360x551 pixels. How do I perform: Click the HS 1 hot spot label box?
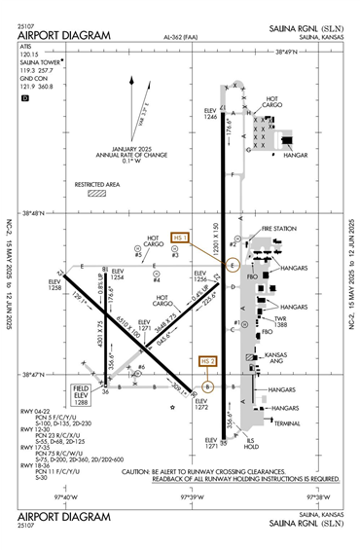180,238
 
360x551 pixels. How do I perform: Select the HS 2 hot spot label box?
207,361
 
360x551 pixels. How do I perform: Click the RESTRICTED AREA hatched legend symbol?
97,193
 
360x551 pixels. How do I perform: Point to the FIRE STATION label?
278,229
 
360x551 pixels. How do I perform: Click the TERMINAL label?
287,423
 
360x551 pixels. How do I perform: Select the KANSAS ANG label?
276,360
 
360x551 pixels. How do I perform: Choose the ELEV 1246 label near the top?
211,115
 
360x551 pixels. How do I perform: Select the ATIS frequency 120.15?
28,55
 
